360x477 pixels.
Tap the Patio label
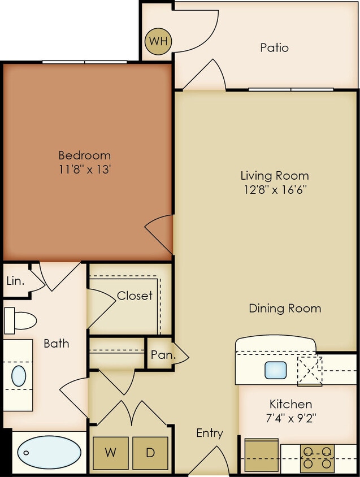(x=274, y=47)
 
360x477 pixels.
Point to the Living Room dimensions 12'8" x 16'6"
(x=275, y=189)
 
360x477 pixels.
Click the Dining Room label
(x=285, y=308)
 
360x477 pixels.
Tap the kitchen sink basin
(x=275, y=370)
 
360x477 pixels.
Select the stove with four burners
(x=318, y=458)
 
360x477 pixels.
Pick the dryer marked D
(x=150, y=453)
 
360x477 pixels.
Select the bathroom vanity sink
(x=19, y=376)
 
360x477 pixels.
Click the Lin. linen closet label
(x=15, y=281)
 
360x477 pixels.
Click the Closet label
(x=135, y=296)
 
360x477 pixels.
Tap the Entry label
(x=210, y=433)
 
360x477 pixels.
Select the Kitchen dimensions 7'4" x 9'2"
(x=290, y=419)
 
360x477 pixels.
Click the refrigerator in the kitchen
(x=261, y=456)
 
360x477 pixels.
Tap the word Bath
(x=57, y=343)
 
